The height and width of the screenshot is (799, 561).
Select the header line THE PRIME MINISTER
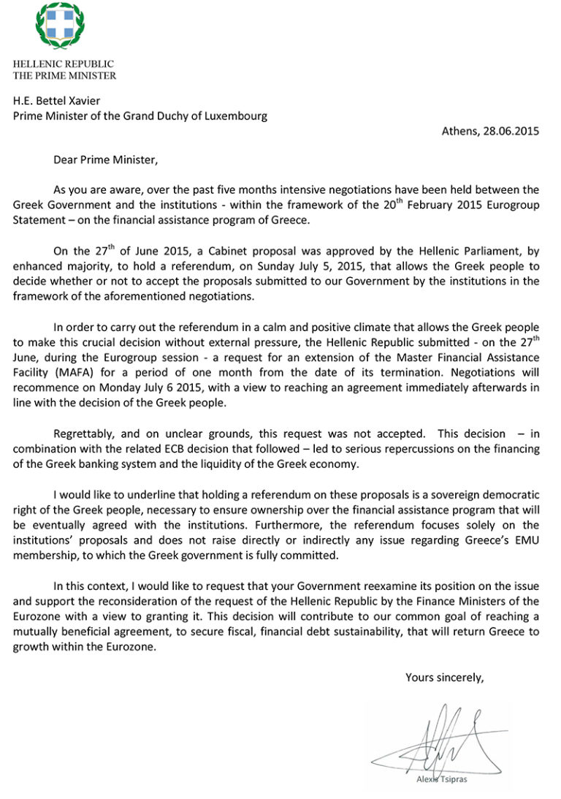(64, 76)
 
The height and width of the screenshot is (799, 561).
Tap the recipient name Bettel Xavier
(64, 102)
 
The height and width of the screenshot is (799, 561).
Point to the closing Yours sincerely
(445, 677)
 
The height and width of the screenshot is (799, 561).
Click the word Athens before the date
(461, 132)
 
